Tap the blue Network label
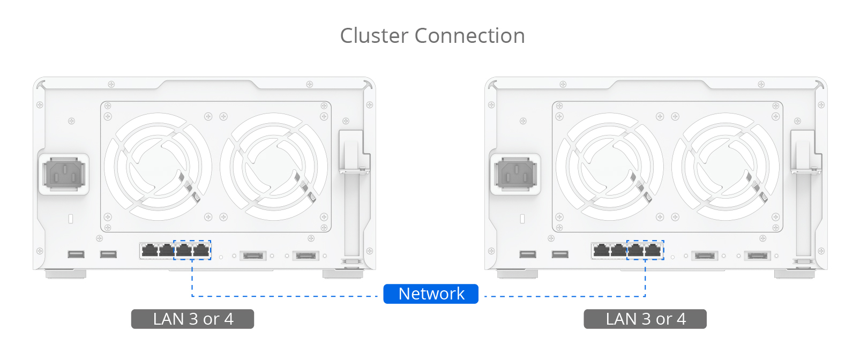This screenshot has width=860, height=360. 431,294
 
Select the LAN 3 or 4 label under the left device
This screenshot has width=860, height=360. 192,319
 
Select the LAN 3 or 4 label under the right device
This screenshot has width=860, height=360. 645,319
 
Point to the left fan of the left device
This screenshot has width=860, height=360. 158,166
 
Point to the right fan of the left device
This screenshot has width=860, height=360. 274,166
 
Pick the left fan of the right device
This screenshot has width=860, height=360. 610,166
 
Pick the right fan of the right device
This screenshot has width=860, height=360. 726,166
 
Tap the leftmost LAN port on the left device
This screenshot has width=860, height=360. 149,250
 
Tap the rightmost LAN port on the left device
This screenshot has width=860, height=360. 201,250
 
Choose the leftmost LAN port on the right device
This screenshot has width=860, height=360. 601,250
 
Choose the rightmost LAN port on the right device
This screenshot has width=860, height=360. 653,250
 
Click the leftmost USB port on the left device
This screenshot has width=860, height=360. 76,254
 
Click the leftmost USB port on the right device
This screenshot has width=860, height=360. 527,254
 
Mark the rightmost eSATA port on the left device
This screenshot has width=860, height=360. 306,256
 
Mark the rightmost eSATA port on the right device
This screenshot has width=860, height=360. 758,256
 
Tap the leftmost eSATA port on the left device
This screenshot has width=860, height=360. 253,256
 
